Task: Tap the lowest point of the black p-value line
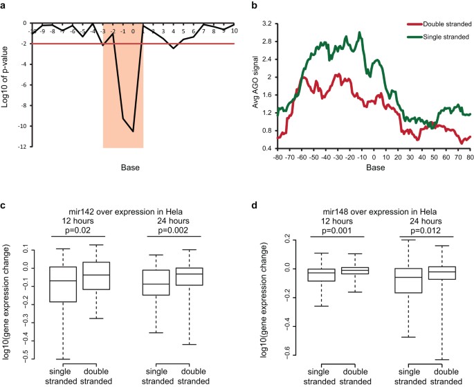coord(133,131)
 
